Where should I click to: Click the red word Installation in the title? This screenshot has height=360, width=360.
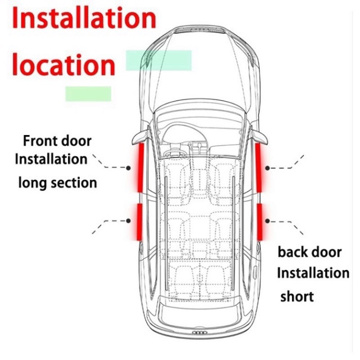pos(84,18)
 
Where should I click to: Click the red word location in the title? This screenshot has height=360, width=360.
pos(63,65)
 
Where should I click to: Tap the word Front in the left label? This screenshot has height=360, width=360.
pos(38,141)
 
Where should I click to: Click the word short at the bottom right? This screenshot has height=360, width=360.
pos(297,296)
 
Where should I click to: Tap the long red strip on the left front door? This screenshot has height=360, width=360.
pos(140,168)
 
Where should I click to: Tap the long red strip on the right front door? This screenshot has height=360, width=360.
pos(259,168)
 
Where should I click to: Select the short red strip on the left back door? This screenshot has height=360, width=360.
pos(140,222)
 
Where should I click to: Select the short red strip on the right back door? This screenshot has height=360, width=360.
pos(259,222)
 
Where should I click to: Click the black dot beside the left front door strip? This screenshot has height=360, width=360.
pos(128,168)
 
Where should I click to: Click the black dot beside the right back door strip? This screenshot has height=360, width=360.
pos(267,221)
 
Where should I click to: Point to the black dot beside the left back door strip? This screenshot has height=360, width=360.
pos(128,221)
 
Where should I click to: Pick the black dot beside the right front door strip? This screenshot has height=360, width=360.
pos(267,168)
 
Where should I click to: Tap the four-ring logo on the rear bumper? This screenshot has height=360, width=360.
pos(200,333)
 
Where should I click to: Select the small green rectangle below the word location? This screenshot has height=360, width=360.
pos(88,94)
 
